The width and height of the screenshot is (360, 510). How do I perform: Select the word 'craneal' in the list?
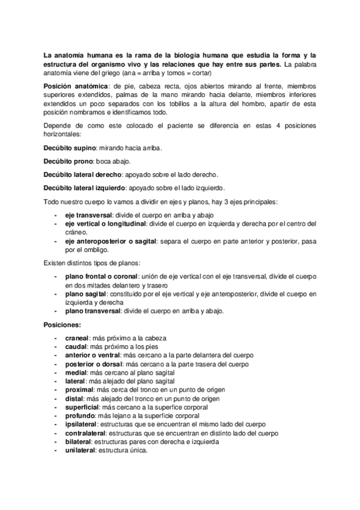click(77, 338)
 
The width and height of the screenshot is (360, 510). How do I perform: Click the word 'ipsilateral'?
click(81, 425)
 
